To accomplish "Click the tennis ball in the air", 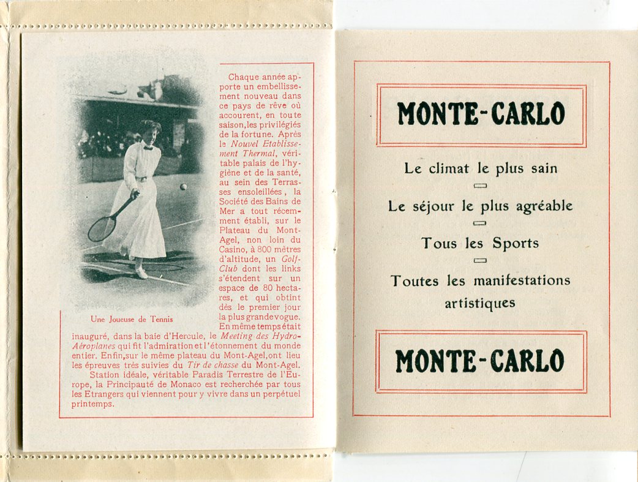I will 183,186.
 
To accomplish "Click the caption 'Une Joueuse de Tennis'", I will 132,319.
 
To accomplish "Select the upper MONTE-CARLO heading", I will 481,114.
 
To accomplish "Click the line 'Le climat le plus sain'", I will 481,169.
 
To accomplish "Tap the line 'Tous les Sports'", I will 480,243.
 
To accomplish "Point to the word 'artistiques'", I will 480,303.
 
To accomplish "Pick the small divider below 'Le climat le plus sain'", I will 481,186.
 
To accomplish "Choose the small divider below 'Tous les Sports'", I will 481,260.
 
